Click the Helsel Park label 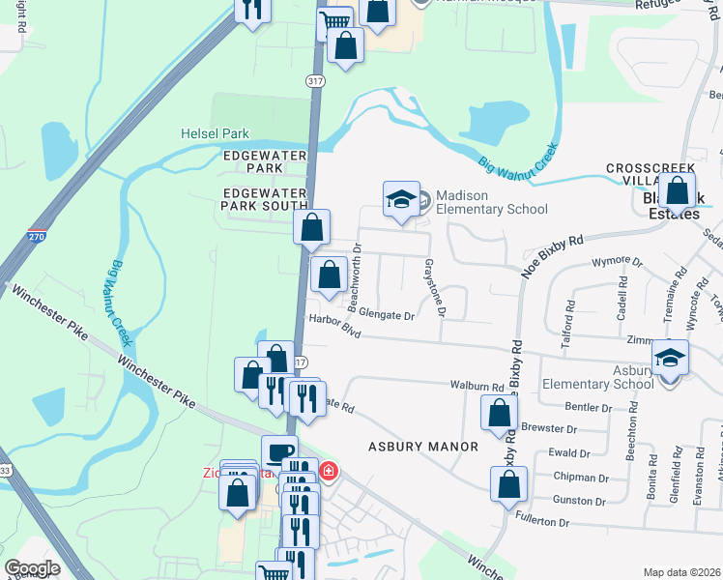(x=215, y=133)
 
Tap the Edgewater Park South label (x=264, y=199)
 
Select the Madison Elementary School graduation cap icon (x=402, y=199)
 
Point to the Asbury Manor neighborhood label (x=423, y=447)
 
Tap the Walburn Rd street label (x=477, y=386)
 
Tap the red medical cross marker (x=329, y=471)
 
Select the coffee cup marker (x=279, y=452)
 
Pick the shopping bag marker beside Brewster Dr (x=498, y=414)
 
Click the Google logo (x=32, y=568)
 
